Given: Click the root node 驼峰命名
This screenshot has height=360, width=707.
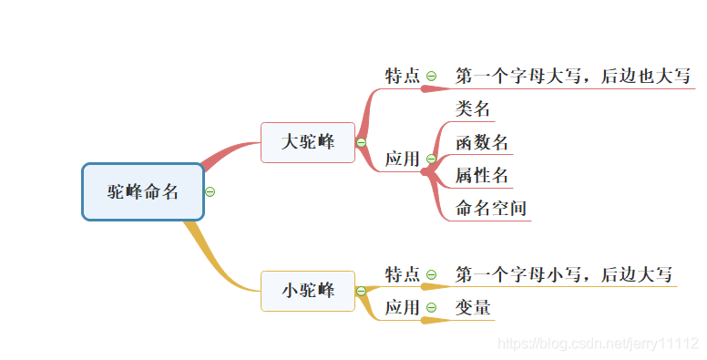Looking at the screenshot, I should coord(143,191).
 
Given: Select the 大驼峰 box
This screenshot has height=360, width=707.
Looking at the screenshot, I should coord(307,142).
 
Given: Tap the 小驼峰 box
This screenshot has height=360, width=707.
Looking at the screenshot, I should coord(307,291).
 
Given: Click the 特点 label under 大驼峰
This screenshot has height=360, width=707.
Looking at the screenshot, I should coord(402,76).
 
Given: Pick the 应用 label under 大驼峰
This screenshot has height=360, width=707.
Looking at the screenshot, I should coord(402,159).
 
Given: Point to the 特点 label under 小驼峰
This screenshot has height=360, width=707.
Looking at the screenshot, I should coord(402,274).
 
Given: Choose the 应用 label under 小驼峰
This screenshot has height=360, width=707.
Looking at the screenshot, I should coord(402,307).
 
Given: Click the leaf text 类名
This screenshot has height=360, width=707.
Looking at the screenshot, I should coord(474,109).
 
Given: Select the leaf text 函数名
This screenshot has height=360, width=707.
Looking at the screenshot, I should coord(482,142).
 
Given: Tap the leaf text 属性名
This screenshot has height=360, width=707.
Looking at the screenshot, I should coord(482,175).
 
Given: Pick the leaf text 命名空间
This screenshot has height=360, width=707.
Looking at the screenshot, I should coord(491,208).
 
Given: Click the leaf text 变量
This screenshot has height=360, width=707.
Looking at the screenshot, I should coord(474,307).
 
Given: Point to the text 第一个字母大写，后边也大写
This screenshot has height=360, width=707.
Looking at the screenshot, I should coord(573,76).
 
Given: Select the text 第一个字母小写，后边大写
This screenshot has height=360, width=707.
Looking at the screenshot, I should coord(564,274).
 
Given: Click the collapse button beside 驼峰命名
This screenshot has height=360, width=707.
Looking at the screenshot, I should coord(210,191).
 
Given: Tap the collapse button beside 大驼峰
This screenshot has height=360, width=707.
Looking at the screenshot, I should coord(362,142).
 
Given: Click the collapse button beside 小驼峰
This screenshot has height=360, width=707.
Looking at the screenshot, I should coord(362,291).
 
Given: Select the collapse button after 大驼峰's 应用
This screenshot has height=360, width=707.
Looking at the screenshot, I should coord(432,159).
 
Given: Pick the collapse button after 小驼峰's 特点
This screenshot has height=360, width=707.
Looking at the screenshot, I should coord(432,274).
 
